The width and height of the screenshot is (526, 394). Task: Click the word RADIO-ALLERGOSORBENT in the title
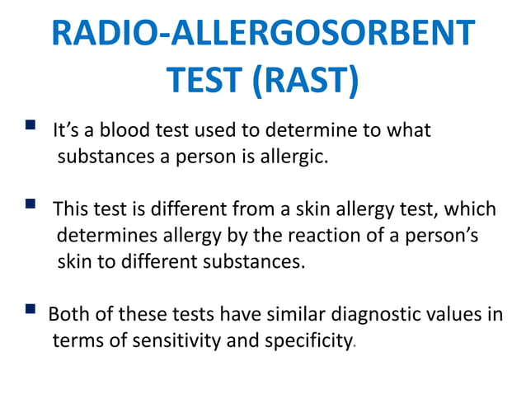263,35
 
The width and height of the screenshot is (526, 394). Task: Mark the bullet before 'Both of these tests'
30,310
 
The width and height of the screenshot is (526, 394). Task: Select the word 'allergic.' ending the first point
294,157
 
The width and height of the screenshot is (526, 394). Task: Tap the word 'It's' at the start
67,131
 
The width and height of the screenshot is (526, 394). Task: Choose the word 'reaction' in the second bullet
322,237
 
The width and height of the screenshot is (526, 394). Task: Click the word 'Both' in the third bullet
68,314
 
